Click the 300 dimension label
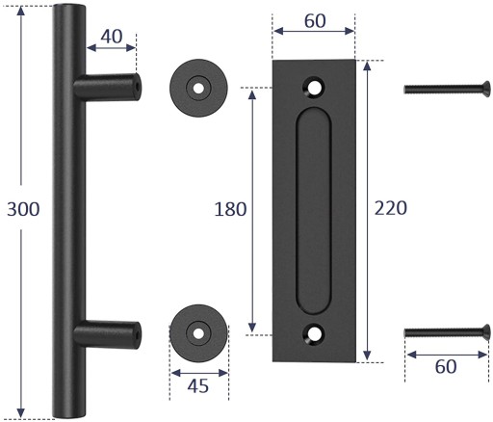pyautogui.click(x=23, y=209)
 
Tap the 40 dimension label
pyautogui.click(x=112, y=37)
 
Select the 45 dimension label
pyautogui.click(x=198, y=385)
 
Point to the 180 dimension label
pyautogui.click(x=230, y=209)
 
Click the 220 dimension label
pyautogui.click(x=391, y=208)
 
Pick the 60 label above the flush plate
pyautogui.click(x=315, y=21)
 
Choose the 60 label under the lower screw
pyautogui.click(x=446, y=366)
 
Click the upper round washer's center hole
pyautogui.click(x=198, y=88)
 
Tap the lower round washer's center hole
pyautogui.click(x=198, y=333)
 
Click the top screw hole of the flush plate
pyautogui.click(x=314, y=87)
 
